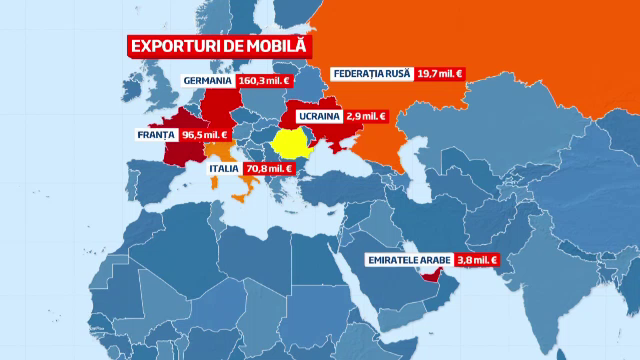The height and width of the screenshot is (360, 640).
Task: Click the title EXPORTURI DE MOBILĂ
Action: point(214,45)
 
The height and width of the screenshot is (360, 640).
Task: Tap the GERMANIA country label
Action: point(208,81)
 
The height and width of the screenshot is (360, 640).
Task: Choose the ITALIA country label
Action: point(224,170)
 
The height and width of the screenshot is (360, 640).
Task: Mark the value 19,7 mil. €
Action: point(441,73)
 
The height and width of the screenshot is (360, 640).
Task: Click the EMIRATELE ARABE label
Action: point(407,261)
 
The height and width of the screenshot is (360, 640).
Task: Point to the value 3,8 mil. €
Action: point(477,261)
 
